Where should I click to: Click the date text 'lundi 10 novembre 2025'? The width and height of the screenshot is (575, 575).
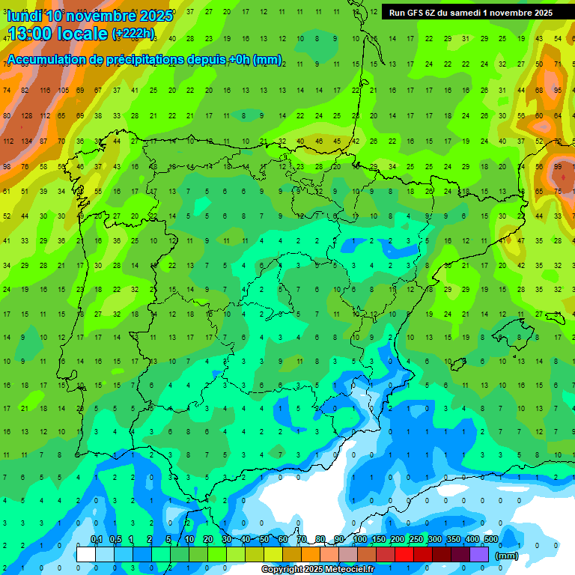click(90, 15)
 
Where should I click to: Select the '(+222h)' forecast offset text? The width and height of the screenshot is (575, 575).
click(133, 34)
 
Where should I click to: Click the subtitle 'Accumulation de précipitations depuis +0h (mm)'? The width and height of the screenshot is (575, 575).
click(144, 60)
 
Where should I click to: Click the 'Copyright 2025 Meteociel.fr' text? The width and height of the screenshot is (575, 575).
click(317, 570)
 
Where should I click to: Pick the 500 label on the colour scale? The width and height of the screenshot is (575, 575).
click(491, 540)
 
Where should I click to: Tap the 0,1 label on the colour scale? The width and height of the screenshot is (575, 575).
click(97, 540)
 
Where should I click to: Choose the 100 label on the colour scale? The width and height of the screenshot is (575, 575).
click(360, 540)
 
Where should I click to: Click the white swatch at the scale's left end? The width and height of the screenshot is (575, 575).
click(86, 554)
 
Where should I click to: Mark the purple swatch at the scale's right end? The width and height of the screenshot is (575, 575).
click(479, 554)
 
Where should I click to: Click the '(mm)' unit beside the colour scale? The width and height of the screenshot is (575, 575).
click(507, 556)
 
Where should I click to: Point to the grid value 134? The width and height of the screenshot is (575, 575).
click(26, 142)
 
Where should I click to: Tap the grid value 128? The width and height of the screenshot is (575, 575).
click(26, 116)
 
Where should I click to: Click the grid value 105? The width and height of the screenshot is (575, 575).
click(63, 91)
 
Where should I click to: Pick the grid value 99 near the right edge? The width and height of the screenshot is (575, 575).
click(558, 166)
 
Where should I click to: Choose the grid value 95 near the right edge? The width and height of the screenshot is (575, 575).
click(558, 91)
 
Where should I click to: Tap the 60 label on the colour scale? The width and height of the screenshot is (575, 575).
click(283, 540)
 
